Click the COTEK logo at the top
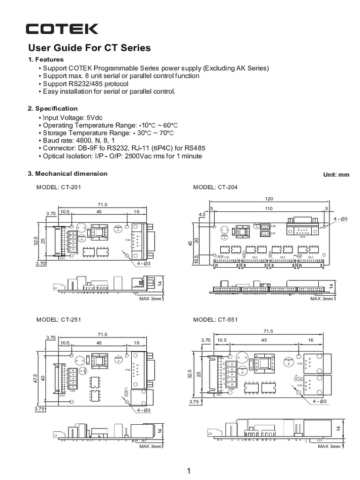[62, 29]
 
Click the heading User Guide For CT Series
[90, 48]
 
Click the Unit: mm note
[336, 174]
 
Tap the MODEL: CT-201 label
[59, 187]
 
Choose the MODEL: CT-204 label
[215, 187]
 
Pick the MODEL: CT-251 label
[59, 320]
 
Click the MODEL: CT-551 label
[215, 320]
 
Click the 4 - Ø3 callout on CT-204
[341, 219]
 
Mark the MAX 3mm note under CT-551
[328, 447]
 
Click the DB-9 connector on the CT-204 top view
[302, 226]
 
